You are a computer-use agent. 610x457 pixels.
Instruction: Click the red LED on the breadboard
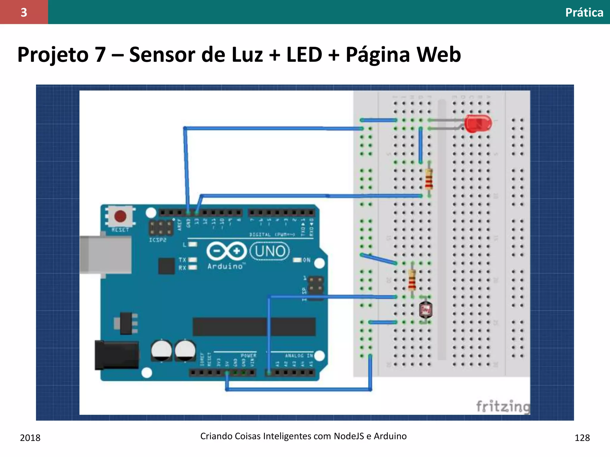(x=478, y=123)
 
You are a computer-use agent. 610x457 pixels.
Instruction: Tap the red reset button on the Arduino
(x=120, y=216)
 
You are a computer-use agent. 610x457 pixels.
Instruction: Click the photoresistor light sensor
(x=425, y=310)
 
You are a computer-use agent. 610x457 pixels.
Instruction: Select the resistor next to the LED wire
(x=429, y=179)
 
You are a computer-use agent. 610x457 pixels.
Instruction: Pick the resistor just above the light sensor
(x=412, y=280)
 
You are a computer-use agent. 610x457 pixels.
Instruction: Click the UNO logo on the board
(x=270, y=251)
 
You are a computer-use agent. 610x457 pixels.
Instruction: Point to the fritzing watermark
(x=503, y=406)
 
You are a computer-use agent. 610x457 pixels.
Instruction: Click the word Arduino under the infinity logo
(x=225, y=266)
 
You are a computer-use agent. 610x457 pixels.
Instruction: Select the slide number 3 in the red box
(x=24, y=12)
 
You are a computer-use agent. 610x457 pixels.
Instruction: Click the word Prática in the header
(x=584, y=12)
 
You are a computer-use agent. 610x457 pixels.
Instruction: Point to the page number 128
(x=582, y=438)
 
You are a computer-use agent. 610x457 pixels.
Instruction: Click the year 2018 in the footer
(x=30, y=438)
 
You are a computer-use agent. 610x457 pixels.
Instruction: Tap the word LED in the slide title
(x=304, y=55)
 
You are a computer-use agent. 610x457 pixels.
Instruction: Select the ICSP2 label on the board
(x=158, y=240)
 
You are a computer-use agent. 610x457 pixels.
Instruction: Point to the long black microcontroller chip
(x=254, y=327)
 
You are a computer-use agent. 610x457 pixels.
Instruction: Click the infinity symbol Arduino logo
(x=227, y=251)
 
